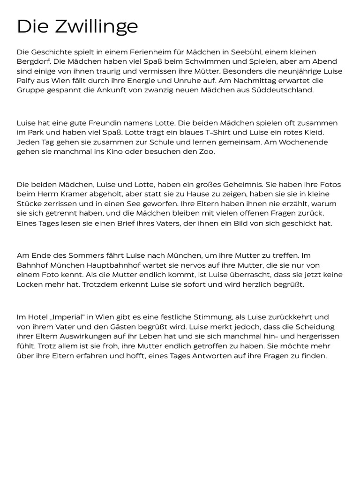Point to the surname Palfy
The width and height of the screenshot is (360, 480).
coord(26,80)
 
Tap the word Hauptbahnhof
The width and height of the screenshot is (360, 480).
coord(105,265)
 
